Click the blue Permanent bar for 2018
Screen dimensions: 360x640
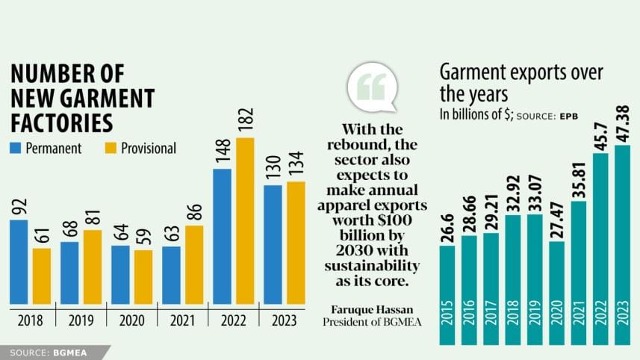pos(19,262)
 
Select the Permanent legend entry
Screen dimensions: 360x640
pos(46,148)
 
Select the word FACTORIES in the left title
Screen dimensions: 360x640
pos(62,122)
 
